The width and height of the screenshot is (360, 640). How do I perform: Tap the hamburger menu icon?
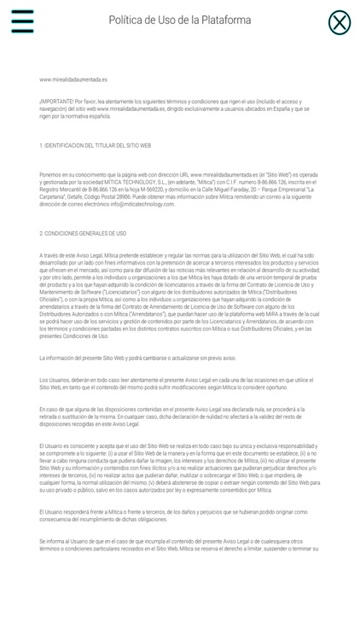tap(22, 21)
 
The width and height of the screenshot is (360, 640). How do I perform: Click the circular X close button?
tap(339, 22)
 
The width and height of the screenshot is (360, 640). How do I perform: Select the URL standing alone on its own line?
tap(73, 79)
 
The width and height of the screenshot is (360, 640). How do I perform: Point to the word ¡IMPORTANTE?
tap(59, 102)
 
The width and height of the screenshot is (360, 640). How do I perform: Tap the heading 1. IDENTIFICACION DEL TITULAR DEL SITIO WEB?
tap(95, 146)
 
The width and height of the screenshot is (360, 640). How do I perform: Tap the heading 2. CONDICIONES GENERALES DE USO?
tap(83, 233)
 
